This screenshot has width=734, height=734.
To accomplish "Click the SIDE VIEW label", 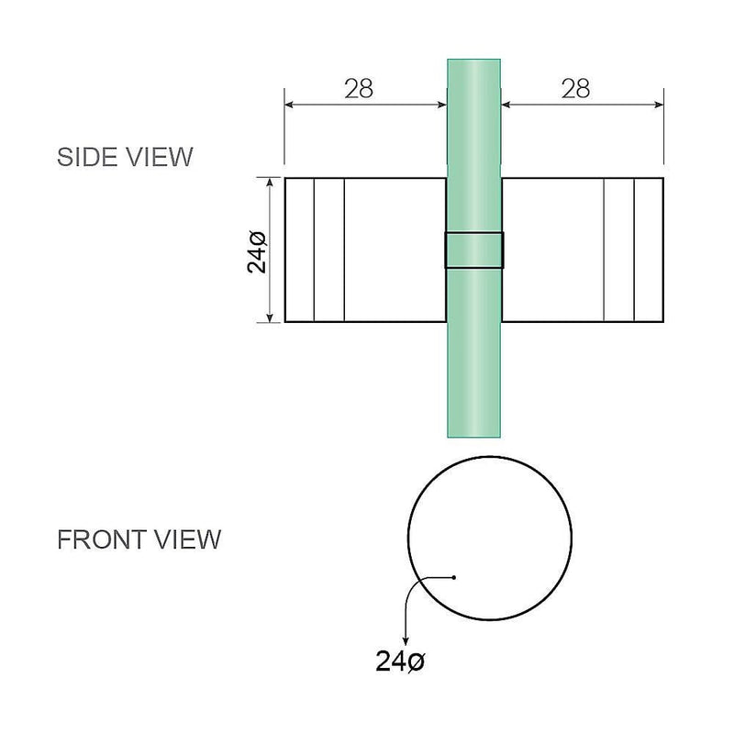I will click(x=125, y=157).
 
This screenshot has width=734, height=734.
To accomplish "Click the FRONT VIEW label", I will click(x=139, y=539).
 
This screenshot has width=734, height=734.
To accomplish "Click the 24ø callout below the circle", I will click(x=400, y=661).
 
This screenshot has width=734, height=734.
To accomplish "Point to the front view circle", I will click(x=490, y=539).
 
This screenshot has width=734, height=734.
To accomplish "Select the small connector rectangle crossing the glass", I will click(x=473, y=250).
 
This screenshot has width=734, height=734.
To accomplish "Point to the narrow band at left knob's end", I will click(x=299, y=250).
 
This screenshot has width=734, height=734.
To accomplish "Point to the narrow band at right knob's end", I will click(x=648, y=250).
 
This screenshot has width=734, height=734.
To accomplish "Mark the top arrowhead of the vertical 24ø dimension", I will click(x=271, y=183).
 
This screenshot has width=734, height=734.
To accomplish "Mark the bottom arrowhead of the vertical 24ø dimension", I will click(x=271, y=317).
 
